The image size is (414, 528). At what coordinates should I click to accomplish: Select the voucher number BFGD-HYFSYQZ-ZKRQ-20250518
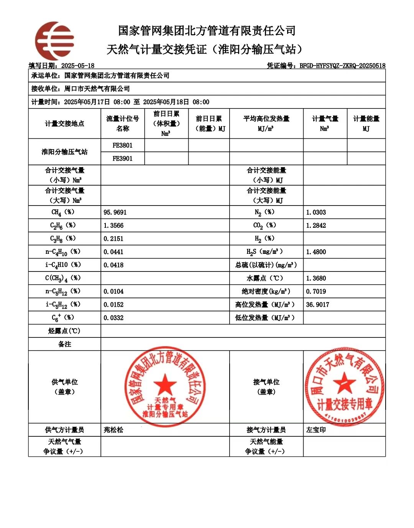pyautogui.click(x=342, y=66)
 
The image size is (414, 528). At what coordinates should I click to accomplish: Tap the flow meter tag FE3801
pyautogui.click(x=122, y=145)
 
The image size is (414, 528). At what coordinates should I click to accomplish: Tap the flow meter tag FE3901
pyautogui.click(x=122, y=158)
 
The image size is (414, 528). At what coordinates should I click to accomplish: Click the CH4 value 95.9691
pyautogui.click(x=115, y=212)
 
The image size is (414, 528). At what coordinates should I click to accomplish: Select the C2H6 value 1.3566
pyautogui.click(x=113, y=225)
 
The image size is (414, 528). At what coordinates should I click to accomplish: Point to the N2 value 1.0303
pyautogui.click(x=316, y=212)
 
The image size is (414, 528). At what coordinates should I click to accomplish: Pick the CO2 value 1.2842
pyautogui.click(x=316, y=225)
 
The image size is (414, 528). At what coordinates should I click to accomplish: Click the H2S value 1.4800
pyautogui.click(x=316, y=252)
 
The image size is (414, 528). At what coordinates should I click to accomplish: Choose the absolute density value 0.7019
pyautogui.click(x=316, y=291)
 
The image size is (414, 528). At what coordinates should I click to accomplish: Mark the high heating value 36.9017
pyautogui.click(x=317, y=305)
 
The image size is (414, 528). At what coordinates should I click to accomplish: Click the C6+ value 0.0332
pyautogui.click(x=113, y=318)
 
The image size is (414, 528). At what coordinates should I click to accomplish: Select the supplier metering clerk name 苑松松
pyautogui.click(x=113, y=430)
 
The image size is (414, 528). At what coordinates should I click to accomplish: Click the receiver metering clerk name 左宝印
pyautogui.click(x=316, y=430)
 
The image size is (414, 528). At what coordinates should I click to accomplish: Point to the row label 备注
pyautogui.click(x=64, y=344)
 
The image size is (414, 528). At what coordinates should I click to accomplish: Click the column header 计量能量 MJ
pyautogui.click(x=366, y=123)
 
